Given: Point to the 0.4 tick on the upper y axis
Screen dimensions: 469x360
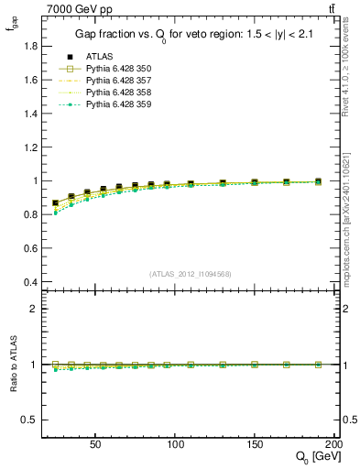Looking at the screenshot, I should pyautogui.click(x=27, y=282).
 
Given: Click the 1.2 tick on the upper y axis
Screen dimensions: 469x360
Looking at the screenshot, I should pyautogui.click(x=27, y=147).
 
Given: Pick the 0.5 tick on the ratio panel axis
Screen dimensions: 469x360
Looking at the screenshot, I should pyautogui.click(x=27, y=420).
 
